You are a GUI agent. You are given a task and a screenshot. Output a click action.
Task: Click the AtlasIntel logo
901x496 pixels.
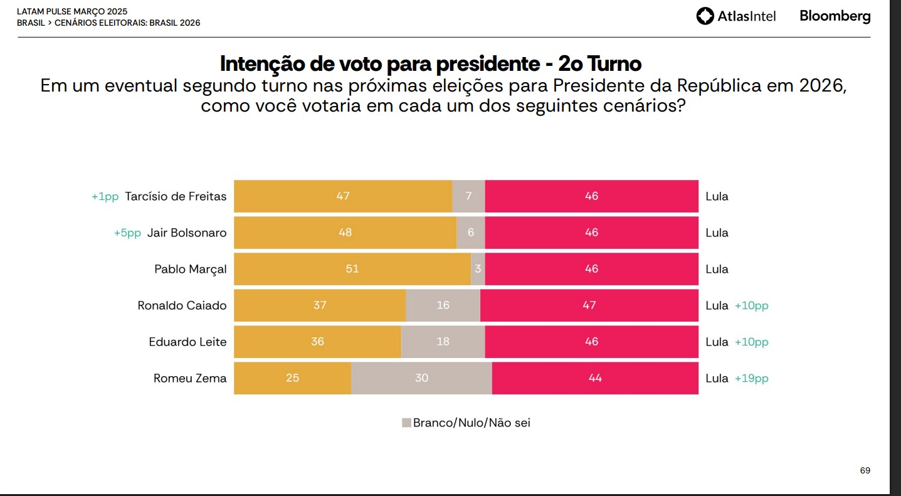735,16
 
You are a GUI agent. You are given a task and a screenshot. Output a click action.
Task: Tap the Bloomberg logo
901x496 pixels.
835,16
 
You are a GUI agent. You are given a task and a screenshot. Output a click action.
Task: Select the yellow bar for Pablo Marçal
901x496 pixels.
352,269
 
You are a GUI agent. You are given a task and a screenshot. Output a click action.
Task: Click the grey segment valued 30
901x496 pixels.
421,378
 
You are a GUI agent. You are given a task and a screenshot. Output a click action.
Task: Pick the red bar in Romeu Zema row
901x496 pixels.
595,378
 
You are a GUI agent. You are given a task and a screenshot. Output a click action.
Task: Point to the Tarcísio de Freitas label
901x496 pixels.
176,196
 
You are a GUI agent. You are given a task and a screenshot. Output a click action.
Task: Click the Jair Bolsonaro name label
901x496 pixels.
187,233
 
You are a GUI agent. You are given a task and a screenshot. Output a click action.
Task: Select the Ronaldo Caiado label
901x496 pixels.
182,305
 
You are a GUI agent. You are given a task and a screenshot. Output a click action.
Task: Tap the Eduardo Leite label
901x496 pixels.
187,342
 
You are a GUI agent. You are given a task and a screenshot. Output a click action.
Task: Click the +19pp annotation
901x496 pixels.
751,378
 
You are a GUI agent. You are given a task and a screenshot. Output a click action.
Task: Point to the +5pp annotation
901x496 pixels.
127,233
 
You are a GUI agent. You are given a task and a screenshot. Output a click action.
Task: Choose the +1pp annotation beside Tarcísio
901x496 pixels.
105,196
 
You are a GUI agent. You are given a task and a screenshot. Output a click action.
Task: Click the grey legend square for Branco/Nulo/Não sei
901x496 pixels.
406,423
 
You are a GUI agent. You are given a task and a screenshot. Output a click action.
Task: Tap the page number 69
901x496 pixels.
865,470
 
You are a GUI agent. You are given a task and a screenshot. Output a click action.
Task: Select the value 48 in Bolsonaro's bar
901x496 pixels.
345,233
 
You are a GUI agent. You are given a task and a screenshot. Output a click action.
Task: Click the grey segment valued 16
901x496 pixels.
443,305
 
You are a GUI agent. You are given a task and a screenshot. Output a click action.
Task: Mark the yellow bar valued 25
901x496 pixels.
292,378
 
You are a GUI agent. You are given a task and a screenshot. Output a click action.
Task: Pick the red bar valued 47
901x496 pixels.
589,305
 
